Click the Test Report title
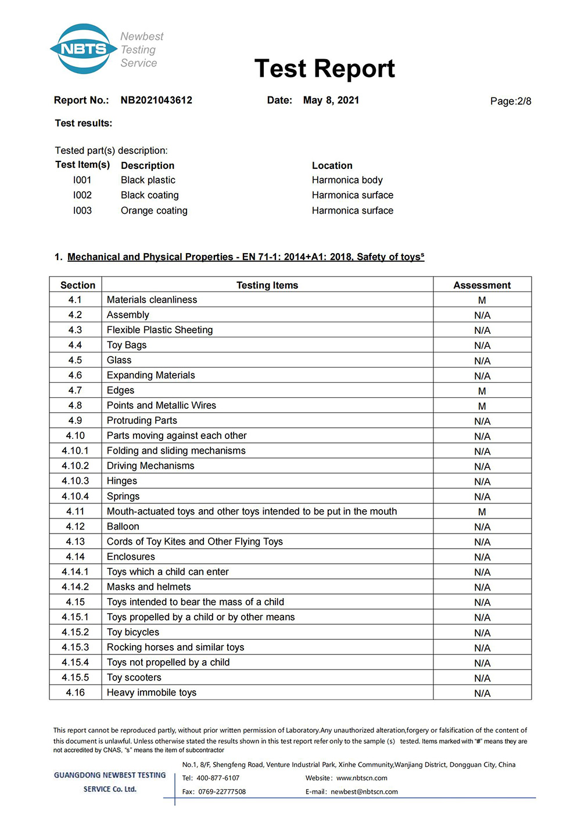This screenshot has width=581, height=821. (324, 69)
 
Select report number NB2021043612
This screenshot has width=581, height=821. (156, 100)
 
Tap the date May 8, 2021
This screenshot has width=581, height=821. (331, 100)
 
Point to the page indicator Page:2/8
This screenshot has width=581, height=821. (511, 101)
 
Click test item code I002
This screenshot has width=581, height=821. (82, 195)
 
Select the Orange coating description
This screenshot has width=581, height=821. (154, 210)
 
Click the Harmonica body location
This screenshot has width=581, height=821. (347, 180)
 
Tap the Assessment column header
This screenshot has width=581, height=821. (482, 285)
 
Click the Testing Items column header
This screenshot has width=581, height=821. (267, 285)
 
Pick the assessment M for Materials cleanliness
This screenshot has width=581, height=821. (482, 300)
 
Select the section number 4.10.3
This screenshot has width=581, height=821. (76, 481)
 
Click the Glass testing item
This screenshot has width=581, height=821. (119, 360)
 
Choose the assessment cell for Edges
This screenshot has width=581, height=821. (482, 391)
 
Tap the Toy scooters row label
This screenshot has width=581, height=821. (134, 677)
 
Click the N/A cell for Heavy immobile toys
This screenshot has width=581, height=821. (482, 693)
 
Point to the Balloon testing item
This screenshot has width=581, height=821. (123, 526)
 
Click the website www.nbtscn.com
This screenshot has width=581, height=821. (361, 778)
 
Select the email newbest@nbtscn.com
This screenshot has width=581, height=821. (364, 791)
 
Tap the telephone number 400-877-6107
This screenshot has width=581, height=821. (218, 778)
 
